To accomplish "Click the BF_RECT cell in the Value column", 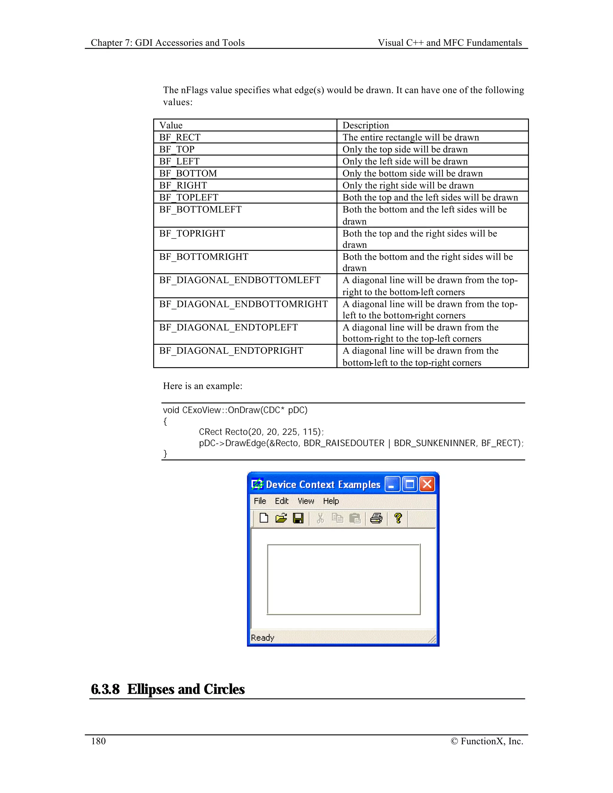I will pos(180,137).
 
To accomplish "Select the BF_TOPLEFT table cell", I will pos(189,197).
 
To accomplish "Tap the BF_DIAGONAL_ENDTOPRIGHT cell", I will pos(231,351).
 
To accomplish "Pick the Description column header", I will pos(366,125).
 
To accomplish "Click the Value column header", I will pos(171,125).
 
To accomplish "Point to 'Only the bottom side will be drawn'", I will pos(412,174).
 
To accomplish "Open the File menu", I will pos(260,501).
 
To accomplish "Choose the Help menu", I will pos(331,501).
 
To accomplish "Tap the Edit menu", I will pos(281,501).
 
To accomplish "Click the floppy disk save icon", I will pos(298,518).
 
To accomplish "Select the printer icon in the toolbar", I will pos(376,518).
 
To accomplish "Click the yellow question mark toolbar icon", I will pos(398,518).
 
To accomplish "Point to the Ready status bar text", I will pos(263,638).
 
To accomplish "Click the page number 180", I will pos(98,741).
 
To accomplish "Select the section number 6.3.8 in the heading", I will pos(105,689).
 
